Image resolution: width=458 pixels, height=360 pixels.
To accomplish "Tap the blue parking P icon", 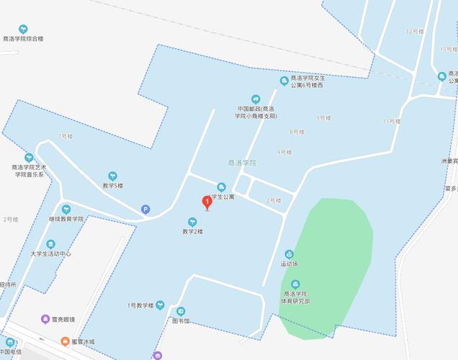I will pyautogui.click(x=145, y=210).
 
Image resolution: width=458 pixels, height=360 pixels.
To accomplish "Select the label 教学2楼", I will pyautogui.click(x=192, y=231).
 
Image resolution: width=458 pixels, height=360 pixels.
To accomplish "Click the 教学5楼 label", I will pyautogui.click(x=112, y=185).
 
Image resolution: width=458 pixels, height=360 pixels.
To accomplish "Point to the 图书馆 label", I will pyautogui.click(x=180, y=321).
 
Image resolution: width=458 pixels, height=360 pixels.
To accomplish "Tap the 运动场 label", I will pyautogui.click(x=289, y=264).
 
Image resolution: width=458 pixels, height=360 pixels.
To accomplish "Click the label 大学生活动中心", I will pyautogui.click(x=50, y=253).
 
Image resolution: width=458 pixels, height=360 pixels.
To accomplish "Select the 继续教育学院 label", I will pyautogui.click(x=66, y=218).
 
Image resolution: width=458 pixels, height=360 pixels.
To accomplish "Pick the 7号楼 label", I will pyautogui.click(x=66, y=136).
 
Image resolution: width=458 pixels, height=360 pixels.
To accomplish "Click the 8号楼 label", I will pyautogui.click(x=296, y=132).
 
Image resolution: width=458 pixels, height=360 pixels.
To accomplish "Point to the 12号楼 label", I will pyautogui.click(x=414, y=31).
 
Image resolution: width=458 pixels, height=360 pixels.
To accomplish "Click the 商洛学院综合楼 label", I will pyautogui.click(x=23, y=38).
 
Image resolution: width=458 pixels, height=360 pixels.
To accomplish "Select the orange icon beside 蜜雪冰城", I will pyautogui.click(x=66, y=341).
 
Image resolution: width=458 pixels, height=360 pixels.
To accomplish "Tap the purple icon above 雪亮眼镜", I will pyautogui.click(x=45, y=318).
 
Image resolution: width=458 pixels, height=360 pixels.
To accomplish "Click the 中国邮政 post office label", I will pyautogui.click(x=256, y=112).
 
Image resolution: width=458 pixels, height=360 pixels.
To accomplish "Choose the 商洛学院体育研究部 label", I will pyautogui.click(x=296, y=297).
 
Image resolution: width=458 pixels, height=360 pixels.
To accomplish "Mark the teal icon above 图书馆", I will pyautogui.click(x=181, y=311).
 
